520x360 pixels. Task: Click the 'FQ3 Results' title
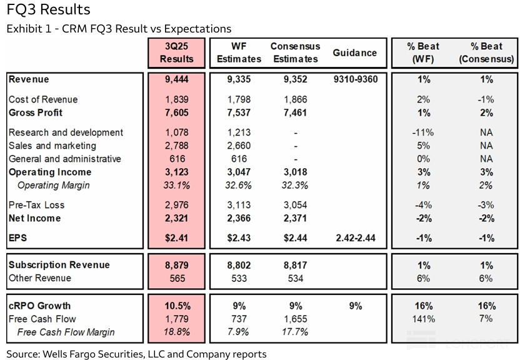click(48, 10)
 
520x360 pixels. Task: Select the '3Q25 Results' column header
click(177, 53)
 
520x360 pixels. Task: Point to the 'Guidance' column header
click(355, 53)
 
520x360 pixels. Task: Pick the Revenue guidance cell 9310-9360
click(355, 79)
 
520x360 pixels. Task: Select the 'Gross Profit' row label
click(36, 113)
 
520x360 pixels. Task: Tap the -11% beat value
click(423, 132)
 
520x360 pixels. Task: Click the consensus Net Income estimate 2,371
click(295, 218)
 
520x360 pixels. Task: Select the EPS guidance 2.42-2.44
click(355, 238)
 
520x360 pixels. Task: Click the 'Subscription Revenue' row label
click(59, 265)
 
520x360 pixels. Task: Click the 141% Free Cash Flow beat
click(423, 319)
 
